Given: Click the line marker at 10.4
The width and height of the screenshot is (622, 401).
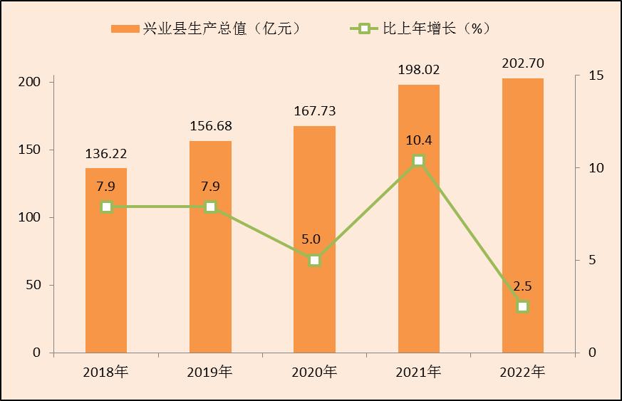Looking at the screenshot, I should [x=419, y=160].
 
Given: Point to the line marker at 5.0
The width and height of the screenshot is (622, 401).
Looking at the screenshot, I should [x=315, y=260].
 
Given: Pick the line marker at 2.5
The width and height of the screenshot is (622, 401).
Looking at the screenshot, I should [x=523, y=306].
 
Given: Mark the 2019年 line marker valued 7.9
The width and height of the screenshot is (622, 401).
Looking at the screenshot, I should [x=211, y=207].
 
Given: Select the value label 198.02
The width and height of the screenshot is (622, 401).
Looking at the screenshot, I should [x=419, y=70].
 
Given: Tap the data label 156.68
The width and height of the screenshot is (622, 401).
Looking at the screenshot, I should [x=211, y=126].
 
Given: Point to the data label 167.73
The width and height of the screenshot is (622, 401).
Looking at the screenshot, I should [x=315, y=111].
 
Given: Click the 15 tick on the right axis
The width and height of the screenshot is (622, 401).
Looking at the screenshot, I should [x=596, y=75].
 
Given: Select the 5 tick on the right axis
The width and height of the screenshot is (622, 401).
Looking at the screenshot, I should [x=592, y=260].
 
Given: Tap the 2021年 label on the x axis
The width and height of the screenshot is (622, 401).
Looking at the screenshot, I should [x=419, y=372].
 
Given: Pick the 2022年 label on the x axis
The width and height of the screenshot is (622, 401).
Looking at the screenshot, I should [x=523, y=372].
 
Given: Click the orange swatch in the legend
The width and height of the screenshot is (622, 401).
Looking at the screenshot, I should [x=126, y=28].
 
